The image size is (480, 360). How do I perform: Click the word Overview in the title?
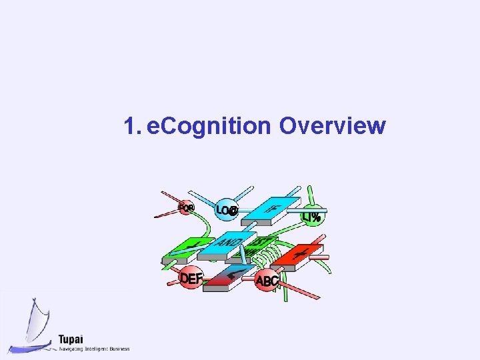pos(333,125)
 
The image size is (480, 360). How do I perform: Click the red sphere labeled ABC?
pos(267,281)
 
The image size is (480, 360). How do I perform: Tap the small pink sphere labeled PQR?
pos(186,208)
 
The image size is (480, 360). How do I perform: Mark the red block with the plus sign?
pos(300,255)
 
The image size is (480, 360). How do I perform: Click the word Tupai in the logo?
pos(71,338)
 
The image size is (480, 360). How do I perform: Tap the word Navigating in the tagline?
pos(71,349)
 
